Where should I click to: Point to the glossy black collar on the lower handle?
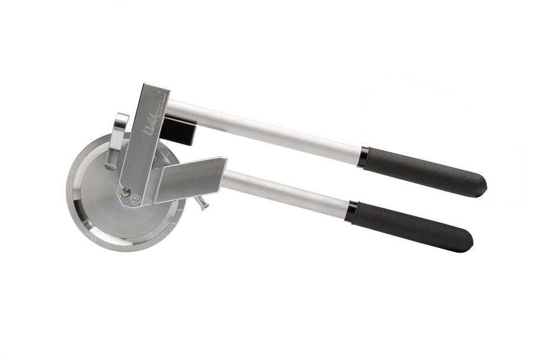(x=351, y=211)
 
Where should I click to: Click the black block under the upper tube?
(x=180, y=130)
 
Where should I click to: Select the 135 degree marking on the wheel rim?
(x=126, y=249)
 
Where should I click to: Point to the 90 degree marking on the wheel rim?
(x=172, y=227)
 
